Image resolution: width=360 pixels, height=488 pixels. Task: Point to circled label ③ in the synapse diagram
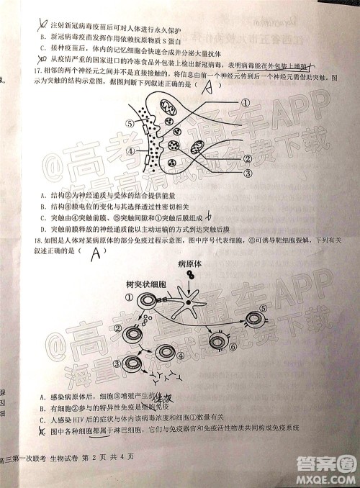pyautogui.click(x=246, y=173)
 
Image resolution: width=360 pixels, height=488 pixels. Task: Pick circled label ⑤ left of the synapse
pyautogui.click(x=130, y=123)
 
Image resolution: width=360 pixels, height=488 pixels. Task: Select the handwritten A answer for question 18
pyautogui.click(x=94, y=252)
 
